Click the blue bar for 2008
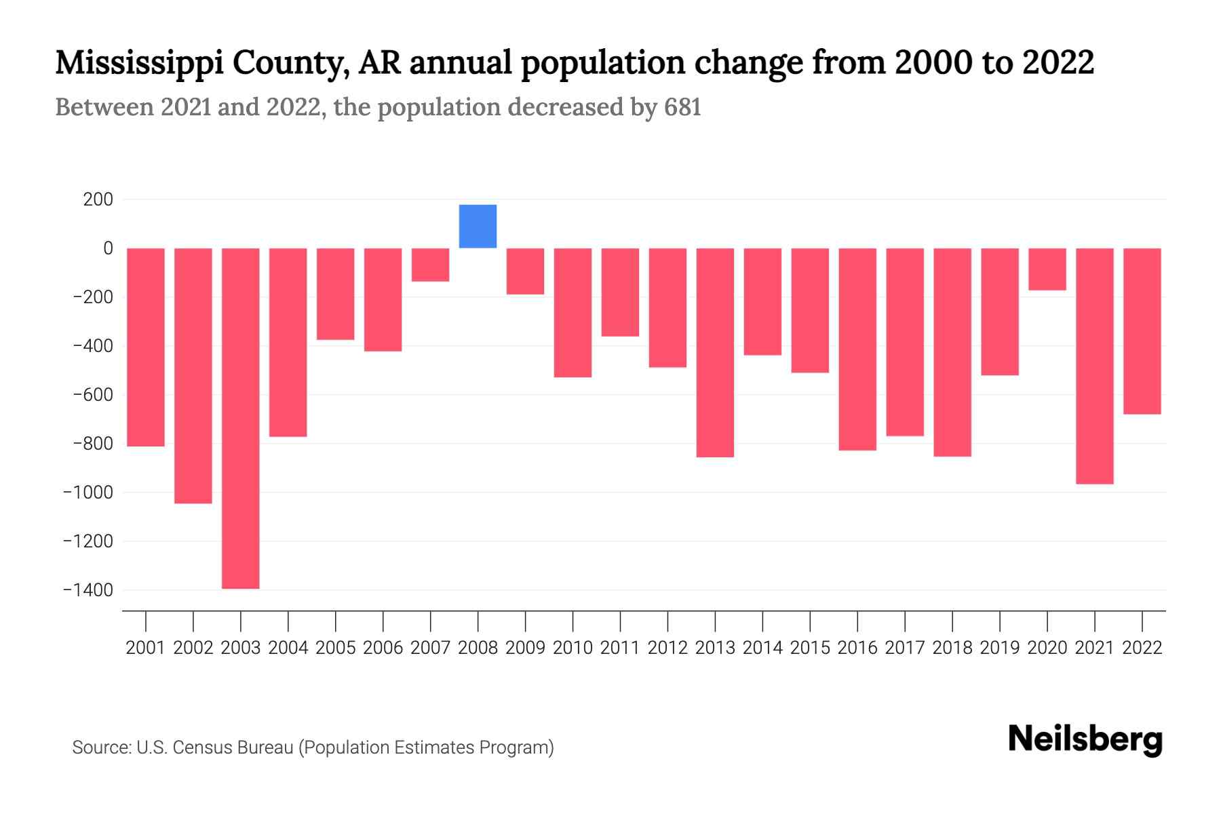click(478, 226)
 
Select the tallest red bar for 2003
click(241, 418)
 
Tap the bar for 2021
click(1095, 366)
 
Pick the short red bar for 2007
click(431, 265)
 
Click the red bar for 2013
click(715, 352)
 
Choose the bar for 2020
click(1047, 269)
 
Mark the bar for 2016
click(857, 349)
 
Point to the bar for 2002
click(193, 375)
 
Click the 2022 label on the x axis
click(1142, 648)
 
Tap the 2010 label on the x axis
click(573, 648)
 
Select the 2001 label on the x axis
click(146, 648)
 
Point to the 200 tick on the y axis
click(98, 199)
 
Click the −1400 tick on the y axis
click(89, 590)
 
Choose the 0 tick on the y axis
click(108, 248)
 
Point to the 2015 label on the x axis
click(810, 648)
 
